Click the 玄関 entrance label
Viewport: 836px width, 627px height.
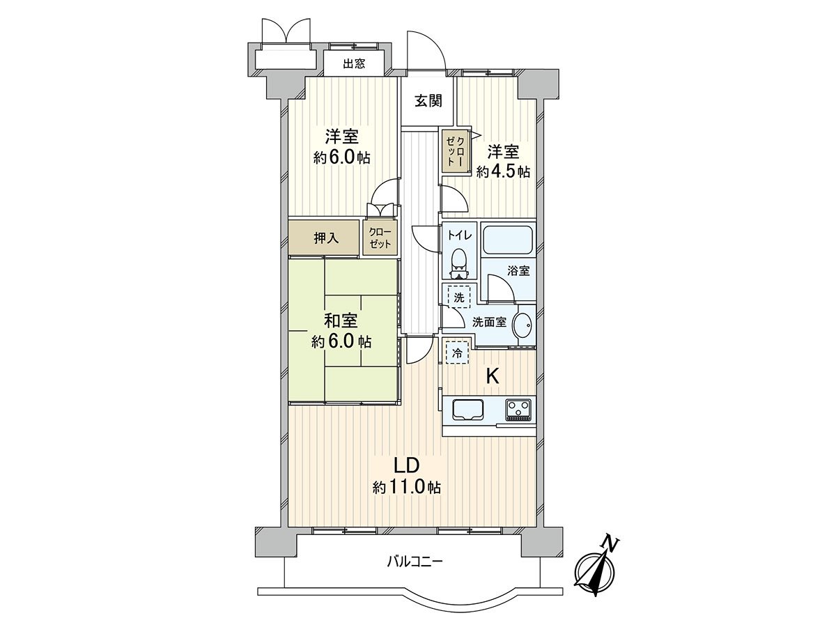click(x=428, y=101)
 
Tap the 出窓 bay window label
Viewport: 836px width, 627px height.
click(x=354, y=64)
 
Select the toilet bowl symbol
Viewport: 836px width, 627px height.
click(x=458, y=261)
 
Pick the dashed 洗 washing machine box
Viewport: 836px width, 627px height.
click(x=458, y=296)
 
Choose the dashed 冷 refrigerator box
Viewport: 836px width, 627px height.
click(x=457, y=353)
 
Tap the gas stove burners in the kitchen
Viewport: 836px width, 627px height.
click(x=518, y=409)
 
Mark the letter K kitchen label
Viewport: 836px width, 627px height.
click(x=492, y=377)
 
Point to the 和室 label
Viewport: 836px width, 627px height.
click(x=341, y=321)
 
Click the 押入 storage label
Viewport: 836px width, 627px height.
click(x=325, y=238)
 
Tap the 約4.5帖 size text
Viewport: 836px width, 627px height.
click(x=503, y=172)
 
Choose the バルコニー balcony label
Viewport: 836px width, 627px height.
click(x=415, y=561)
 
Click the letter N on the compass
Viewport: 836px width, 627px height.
click(x=610, y=543)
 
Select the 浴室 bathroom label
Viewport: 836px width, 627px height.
click(x=518, y=271)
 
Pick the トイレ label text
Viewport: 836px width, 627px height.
click(x=460, y=235)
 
